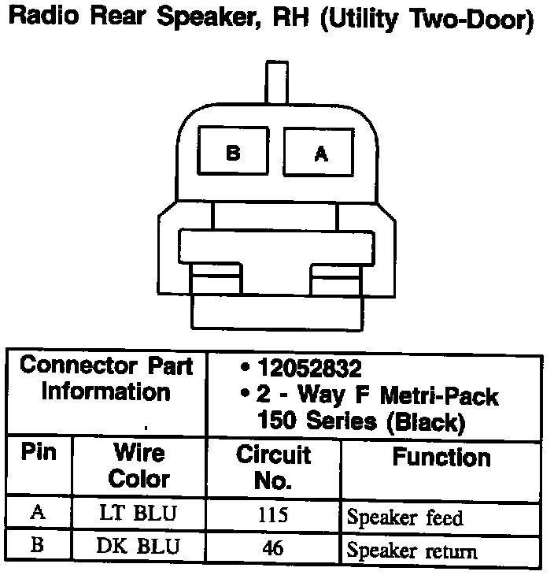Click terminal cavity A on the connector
[321, 153]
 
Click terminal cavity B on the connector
[233, 153]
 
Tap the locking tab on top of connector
[277, 82]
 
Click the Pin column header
[39, 455]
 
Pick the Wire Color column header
[138, 466]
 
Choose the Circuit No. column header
[273, 466]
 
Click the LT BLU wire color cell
[138, 514]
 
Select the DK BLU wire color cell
[138, 547]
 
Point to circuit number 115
[273, 515]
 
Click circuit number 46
[273, 547]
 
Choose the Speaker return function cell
[412, 550]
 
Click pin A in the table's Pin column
[38, 514]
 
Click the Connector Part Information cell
[105, 378]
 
